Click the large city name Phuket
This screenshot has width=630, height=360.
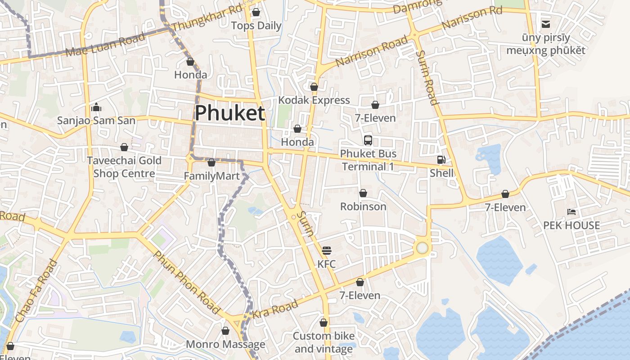(229, 113)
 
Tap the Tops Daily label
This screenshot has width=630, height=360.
(256, 26)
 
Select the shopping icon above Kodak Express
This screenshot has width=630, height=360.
(314, 86)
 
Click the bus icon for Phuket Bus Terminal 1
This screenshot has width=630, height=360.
(368, 140)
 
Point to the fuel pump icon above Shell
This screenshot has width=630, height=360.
(441, 159)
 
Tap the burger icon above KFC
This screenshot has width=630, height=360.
(327, 250)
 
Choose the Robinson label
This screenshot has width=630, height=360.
(363, 207)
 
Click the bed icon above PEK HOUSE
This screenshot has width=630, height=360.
(571, 211)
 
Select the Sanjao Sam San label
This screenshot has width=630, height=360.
(96, 121)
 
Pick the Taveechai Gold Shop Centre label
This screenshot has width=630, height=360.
(124, 167)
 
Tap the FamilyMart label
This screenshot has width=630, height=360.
(211, 176)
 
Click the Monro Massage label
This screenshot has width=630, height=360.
(225, 345)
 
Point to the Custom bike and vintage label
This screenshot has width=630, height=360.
(324, 342)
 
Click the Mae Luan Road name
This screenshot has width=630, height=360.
(105, 45)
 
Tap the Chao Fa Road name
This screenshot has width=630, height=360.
(36, 291)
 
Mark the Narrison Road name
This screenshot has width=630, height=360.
(371, 52)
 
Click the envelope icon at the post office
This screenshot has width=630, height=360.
(545, 24)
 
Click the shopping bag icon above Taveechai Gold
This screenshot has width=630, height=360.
(124, 147)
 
